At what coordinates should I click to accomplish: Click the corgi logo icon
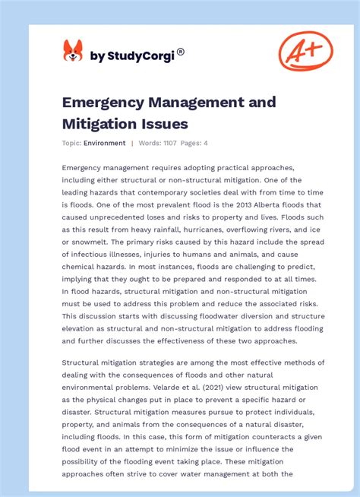72,51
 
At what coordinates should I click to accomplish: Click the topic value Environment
105,143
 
